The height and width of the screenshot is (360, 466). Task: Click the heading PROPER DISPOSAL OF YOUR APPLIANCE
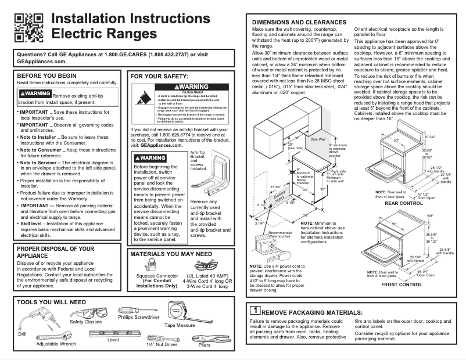pos(55,252)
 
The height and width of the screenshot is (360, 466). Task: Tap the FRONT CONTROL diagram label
pos(401,285)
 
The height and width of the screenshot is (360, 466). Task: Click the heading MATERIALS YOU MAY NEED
pos(171,254)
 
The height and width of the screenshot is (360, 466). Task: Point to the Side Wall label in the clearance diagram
pos(318,139)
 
